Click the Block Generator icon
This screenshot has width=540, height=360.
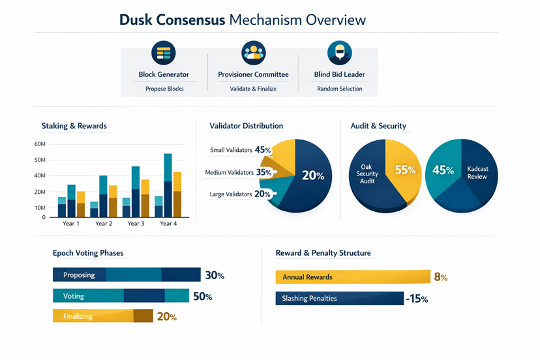click(x=164, y=53)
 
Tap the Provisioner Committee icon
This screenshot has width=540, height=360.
click(x=253, y=53)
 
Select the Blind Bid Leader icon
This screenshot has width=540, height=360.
click(x=339, y=53)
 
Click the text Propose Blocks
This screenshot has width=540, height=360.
click(x=164, y=89)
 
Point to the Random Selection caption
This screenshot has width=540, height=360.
click(x=339, y=89)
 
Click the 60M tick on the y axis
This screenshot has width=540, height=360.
click(x=39, y=144)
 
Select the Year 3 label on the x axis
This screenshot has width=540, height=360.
click(x=136, y=224)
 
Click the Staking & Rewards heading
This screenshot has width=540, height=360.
click(x=74, y=126)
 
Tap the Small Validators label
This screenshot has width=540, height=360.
click(x=231, y=150)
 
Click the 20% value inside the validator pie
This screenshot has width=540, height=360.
click(x=313, y=175)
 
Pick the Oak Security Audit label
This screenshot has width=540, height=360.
click(x=367, y=174)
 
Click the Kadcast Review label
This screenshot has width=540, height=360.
click(x=477, y=173)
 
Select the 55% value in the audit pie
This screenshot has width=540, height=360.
click(x=405, y=170)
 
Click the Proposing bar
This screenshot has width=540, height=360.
click(x=127, y=275)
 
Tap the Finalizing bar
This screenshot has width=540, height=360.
click(x=102, y=316)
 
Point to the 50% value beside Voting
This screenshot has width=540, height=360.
click(x=202, y=297)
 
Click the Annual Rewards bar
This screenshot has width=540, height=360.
click(x=352, y=277)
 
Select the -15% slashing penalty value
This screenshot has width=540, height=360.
click(x=416, y=299)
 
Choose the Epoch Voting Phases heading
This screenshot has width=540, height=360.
click(x=88, y=253)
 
